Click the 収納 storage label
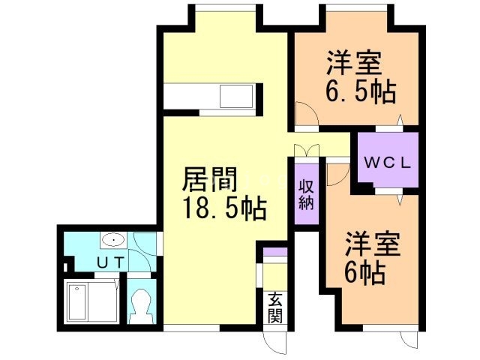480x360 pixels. point(307,194)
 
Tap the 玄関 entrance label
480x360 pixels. point(274,307)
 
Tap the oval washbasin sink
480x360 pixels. point(113,241)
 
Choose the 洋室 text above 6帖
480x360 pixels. point(373,244)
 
